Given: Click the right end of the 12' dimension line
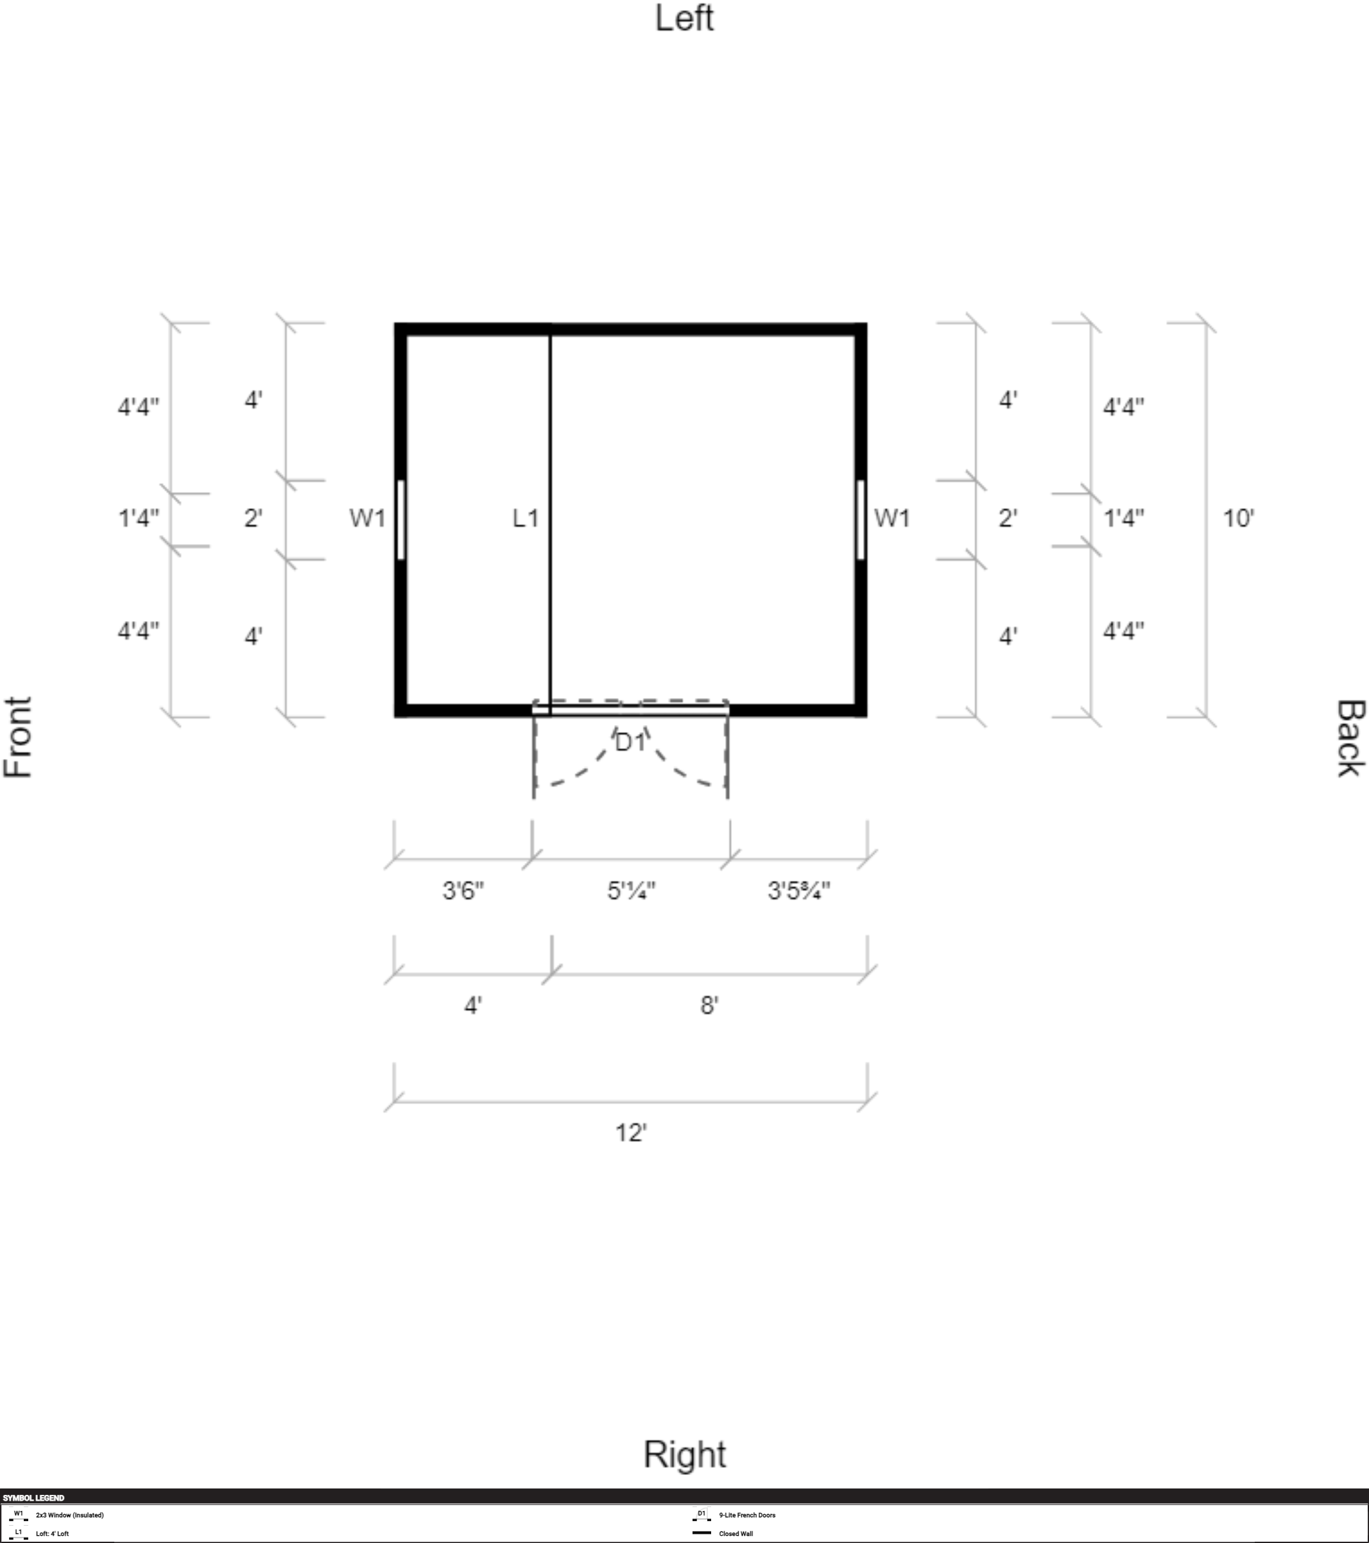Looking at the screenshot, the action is click(x=868, y=1102).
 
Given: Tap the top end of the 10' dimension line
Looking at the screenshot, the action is click(x=1206, y=323).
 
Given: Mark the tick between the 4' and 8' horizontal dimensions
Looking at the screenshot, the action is click(x=552, y=974).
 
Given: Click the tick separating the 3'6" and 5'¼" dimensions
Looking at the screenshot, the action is click(x=532, y=859).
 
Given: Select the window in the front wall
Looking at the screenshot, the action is click(x=400, y=520).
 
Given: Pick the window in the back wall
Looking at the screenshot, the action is click(x=861, y=520).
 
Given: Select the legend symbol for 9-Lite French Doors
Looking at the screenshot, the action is click(x=702, y=1514).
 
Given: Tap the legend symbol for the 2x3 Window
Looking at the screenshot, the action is click(x=18, y=1514).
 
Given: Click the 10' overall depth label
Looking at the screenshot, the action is click(x=1238, y=518).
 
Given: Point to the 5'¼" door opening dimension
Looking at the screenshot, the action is click(x=632, y=891).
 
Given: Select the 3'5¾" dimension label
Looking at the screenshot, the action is click(x=799, y=891).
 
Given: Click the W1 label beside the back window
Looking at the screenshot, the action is click(x=891, y=518).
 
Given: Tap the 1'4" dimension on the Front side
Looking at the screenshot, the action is click(x=138, y=518).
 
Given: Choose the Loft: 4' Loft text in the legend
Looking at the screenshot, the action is click(x=52, y=1533).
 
